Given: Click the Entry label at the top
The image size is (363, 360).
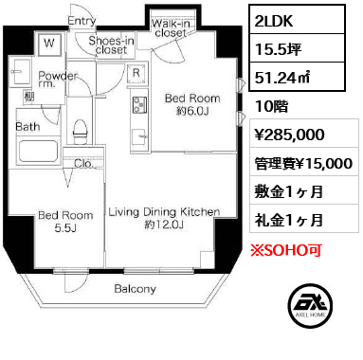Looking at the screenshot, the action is point(82,21).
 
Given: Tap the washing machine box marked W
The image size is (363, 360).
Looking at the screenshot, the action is point(49,44).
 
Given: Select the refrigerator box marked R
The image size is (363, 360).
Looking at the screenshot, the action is point(136,74).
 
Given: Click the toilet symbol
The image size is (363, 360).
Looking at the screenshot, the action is point(80,132).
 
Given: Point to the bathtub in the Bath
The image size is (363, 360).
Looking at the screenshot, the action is point(38,152).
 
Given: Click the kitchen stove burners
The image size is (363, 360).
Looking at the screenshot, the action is point(139,105).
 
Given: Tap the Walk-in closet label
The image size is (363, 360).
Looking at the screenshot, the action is point(171,28).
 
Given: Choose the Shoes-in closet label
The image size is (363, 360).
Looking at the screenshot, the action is point(111,45).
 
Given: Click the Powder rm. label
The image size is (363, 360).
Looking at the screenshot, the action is point(58,79).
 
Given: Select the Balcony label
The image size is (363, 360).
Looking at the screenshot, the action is point(135,289).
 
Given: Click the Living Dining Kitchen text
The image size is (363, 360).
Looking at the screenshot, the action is point(164,212).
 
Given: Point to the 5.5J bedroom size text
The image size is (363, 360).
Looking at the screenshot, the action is point(65,228).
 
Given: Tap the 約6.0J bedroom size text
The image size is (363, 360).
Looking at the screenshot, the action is point(192,111).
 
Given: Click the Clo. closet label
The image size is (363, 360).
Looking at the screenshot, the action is point(83,164).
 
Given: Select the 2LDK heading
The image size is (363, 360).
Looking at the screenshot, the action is point(274,21).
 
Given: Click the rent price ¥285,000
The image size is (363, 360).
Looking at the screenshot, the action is point(290,135).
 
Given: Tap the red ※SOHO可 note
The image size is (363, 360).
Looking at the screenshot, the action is point(286,250).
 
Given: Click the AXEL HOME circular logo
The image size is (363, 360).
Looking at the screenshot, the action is point(310,306).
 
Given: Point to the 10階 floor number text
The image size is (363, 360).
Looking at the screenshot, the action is point(272,106).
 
